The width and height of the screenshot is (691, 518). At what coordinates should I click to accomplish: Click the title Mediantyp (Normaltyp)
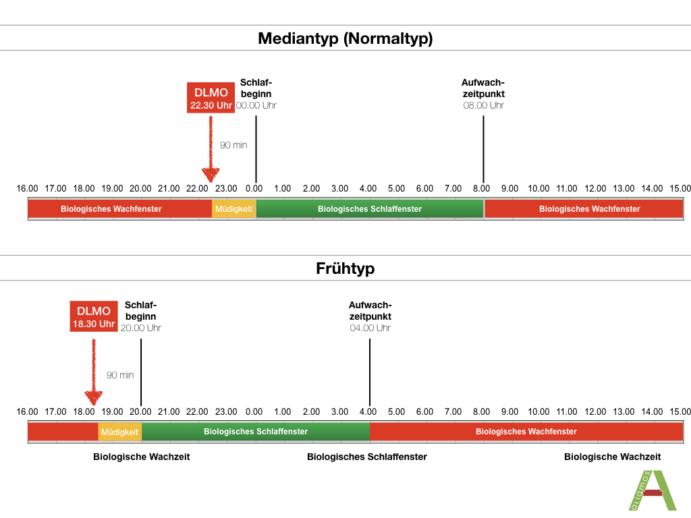tap(345, 38)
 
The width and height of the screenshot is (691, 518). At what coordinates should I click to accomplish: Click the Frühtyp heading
tap(345, 268)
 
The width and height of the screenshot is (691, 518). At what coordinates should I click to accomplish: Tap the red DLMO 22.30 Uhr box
tap(211, 98)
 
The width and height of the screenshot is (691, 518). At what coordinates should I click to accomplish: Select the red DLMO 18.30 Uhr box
tap(94, 317)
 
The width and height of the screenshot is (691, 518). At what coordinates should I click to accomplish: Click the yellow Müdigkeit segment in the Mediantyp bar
tap(233, 209)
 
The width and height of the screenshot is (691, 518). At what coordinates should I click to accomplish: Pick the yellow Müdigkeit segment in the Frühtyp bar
tap(119, 432)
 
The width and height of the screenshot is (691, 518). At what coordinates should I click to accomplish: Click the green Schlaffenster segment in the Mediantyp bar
tap(370, 209)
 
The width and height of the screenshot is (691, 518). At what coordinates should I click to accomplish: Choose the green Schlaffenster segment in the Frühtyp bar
tap(256, 432)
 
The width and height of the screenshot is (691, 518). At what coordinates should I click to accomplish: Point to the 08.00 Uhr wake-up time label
tap(483, 106)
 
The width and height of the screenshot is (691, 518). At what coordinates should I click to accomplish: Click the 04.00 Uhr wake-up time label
tap(370, 328)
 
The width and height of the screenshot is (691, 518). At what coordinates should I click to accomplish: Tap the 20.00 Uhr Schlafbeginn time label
tap(141, 328)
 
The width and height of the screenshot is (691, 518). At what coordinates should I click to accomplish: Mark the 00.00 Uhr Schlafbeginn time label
tap(256, 106)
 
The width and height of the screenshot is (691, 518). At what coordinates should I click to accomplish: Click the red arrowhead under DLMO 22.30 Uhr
tap(211, 175)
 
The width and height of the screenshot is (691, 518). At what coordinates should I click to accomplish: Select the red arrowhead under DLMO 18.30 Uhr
tap(94, 397)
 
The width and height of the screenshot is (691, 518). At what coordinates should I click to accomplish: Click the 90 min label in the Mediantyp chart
tap(233, 144)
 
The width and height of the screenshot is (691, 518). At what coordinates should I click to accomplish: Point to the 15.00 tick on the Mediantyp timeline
tap(680, 188)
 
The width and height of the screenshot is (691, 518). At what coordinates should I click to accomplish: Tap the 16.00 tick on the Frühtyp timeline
tap(28, 411)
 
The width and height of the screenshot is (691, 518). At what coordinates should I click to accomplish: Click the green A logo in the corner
tap(651, 491)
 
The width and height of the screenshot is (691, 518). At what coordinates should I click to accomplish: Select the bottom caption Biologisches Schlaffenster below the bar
tap(367, 457)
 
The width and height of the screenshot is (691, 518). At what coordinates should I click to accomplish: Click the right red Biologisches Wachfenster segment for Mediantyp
tap(584, 209)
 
